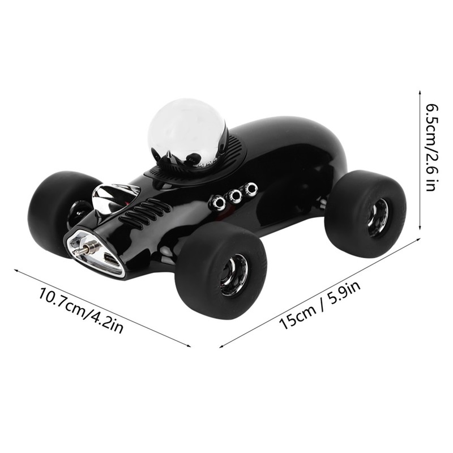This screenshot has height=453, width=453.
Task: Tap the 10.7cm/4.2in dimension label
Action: tap(80, 310)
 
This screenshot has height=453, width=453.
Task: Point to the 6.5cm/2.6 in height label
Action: tap(431, 147)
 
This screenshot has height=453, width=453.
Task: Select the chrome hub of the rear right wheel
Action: tap(378, 217)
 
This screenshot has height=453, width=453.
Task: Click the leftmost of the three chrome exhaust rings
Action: tap(218, 202)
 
